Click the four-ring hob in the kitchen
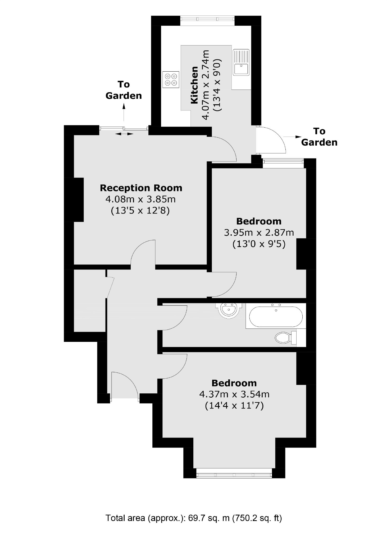[x=171, y=80]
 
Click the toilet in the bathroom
[x=285, y=338]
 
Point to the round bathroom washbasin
[x=229, y=310]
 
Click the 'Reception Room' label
[x=141, y=188]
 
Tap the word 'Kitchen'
[x=194, y=85]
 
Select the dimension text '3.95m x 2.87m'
[x=259, y=232]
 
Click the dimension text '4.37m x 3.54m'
[x=234, y=394]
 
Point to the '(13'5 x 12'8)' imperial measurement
[x=140, y=211]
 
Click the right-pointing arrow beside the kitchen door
[x=292, y=137]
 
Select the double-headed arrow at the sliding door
[x=124, y=134]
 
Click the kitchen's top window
[x=207, y=21]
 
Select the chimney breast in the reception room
[x=74, y=199]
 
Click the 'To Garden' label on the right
[x=319, y=137]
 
